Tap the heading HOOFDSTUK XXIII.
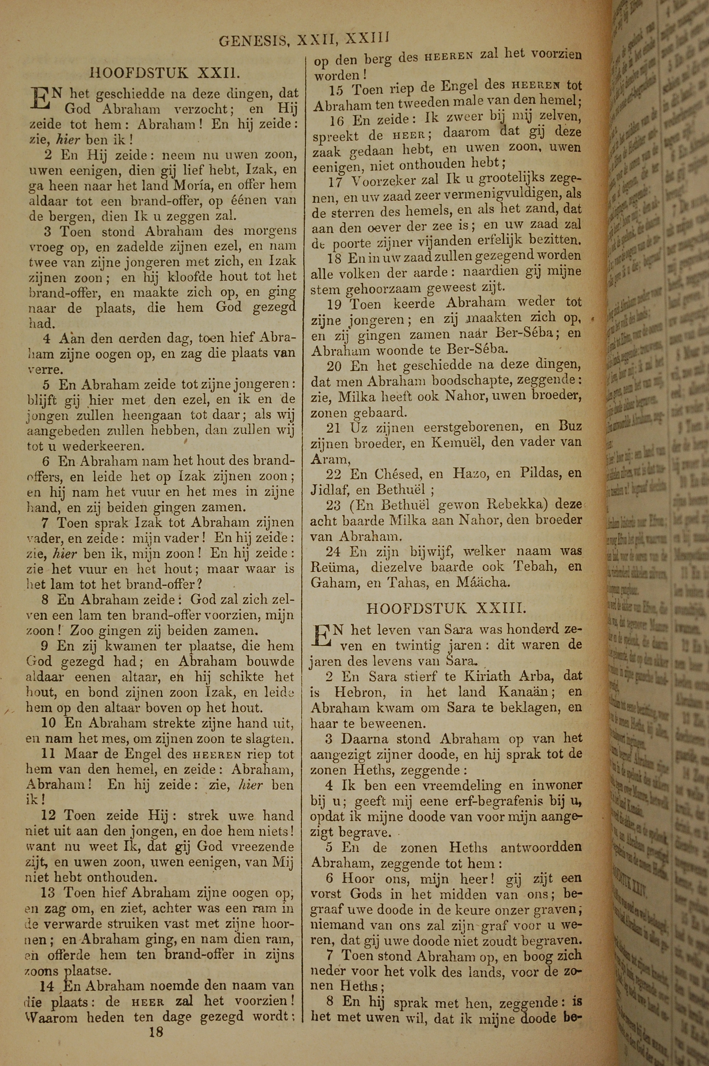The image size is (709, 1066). [446, 608]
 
